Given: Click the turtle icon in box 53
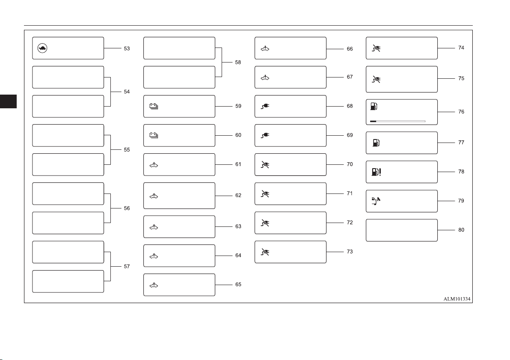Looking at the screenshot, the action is tap(43, 48).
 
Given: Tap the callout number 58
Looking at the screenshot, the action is tap(238, 62).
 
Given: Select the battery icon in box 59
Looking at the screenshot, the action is tap(154, 106).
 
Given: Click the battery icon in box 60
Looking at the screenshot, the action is tap(154, 135).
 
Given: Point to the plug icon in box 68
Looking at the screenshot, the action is tap(265, 106).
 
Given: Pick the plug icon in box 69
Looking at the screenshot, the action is tap(265, 135).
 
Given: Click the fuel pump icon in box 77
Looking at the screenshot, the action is tap(377, 143).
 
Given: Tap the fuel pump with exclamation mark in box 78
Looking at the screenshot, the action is tap(377, 172).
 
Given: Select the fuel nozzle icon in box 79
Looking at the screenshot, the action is tap(376, 201).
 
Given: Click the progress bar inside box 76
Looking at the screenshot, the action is tap(397, 122).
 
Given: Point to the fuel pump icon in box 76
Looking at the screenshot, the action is tap(374, 106).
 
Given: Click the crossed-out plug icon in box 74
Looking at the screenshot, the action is tap(377, 48).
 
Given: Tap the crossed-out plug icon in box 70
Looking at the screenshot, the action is tap(265, 165).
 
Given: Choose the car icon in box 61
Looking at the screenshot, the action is tap(154, 165).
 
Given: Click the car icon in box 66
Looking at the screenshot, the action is tap(265, 49).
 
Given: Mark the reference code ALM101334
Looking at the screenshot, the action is tap(457, 299).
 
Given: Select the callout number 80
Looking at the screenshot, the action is tap(461, 230).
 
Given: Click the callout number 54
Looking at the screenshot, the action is tap(127, 92).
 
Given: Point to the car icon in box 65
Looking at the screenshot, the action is tap(154, 286).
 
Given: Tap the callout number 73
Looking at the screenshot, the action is tap(350, 252).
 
